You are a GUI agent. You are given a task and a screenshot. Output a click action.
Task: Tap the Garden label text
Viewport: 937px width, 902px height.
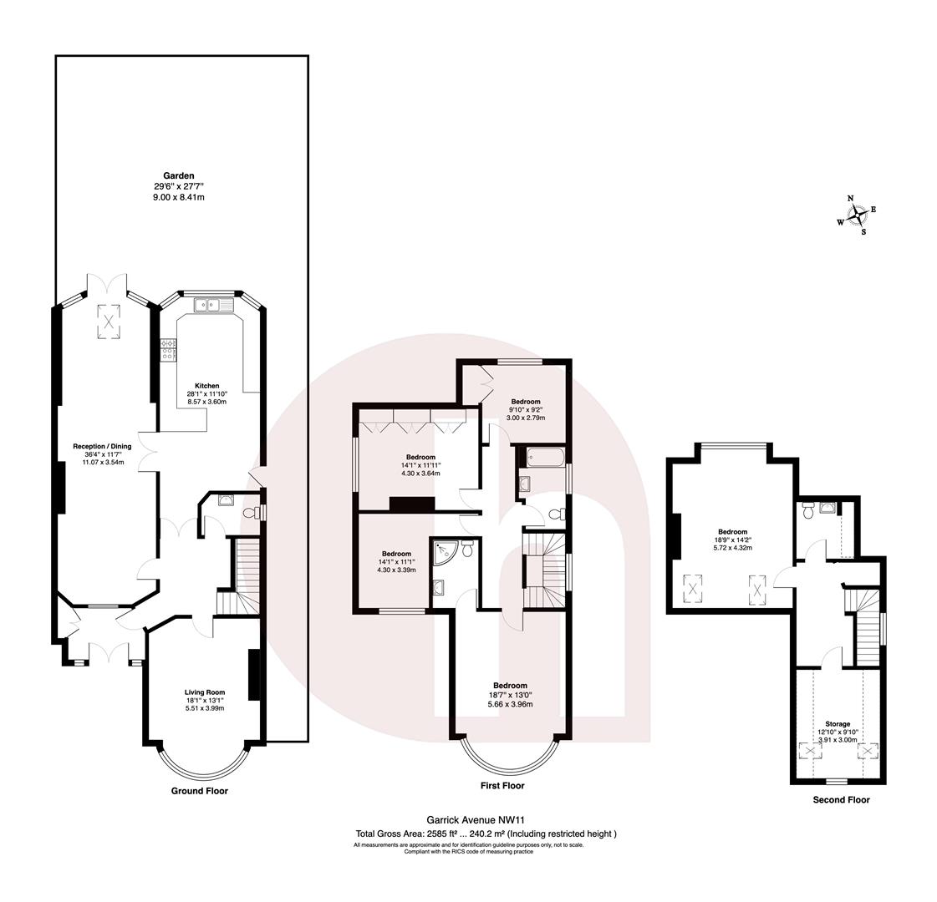179,176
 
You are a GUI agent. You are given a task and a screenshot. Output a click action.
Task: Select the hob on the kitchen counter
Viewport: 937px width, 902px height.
167,348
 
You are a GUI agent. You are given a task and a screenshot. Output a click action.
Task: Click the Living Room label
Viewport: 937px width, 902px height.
205,692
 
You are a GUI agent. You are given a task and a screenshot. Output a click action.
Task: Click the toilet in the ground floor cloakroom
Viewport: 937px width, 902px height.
247,512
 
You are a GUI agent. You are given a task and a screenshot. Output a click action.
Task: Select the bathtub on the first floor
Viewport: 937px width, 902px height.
543,457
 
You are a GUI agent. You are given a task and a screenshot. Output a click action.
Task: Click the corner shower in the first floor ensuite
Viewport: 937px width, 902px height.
443,552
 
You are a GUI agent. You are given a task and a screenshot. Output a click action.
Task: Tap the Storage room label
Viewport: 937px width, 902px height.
838,724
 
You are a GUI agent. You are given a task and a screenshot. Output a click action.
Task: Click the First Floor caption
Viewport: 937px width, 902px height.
502,786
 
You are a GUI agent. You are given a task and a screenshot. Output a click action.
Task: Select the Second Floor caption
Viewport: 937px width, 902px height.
841,800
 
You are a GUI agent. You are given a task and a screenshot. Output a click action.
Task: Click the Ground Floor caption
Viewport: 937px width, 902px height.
199,790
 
